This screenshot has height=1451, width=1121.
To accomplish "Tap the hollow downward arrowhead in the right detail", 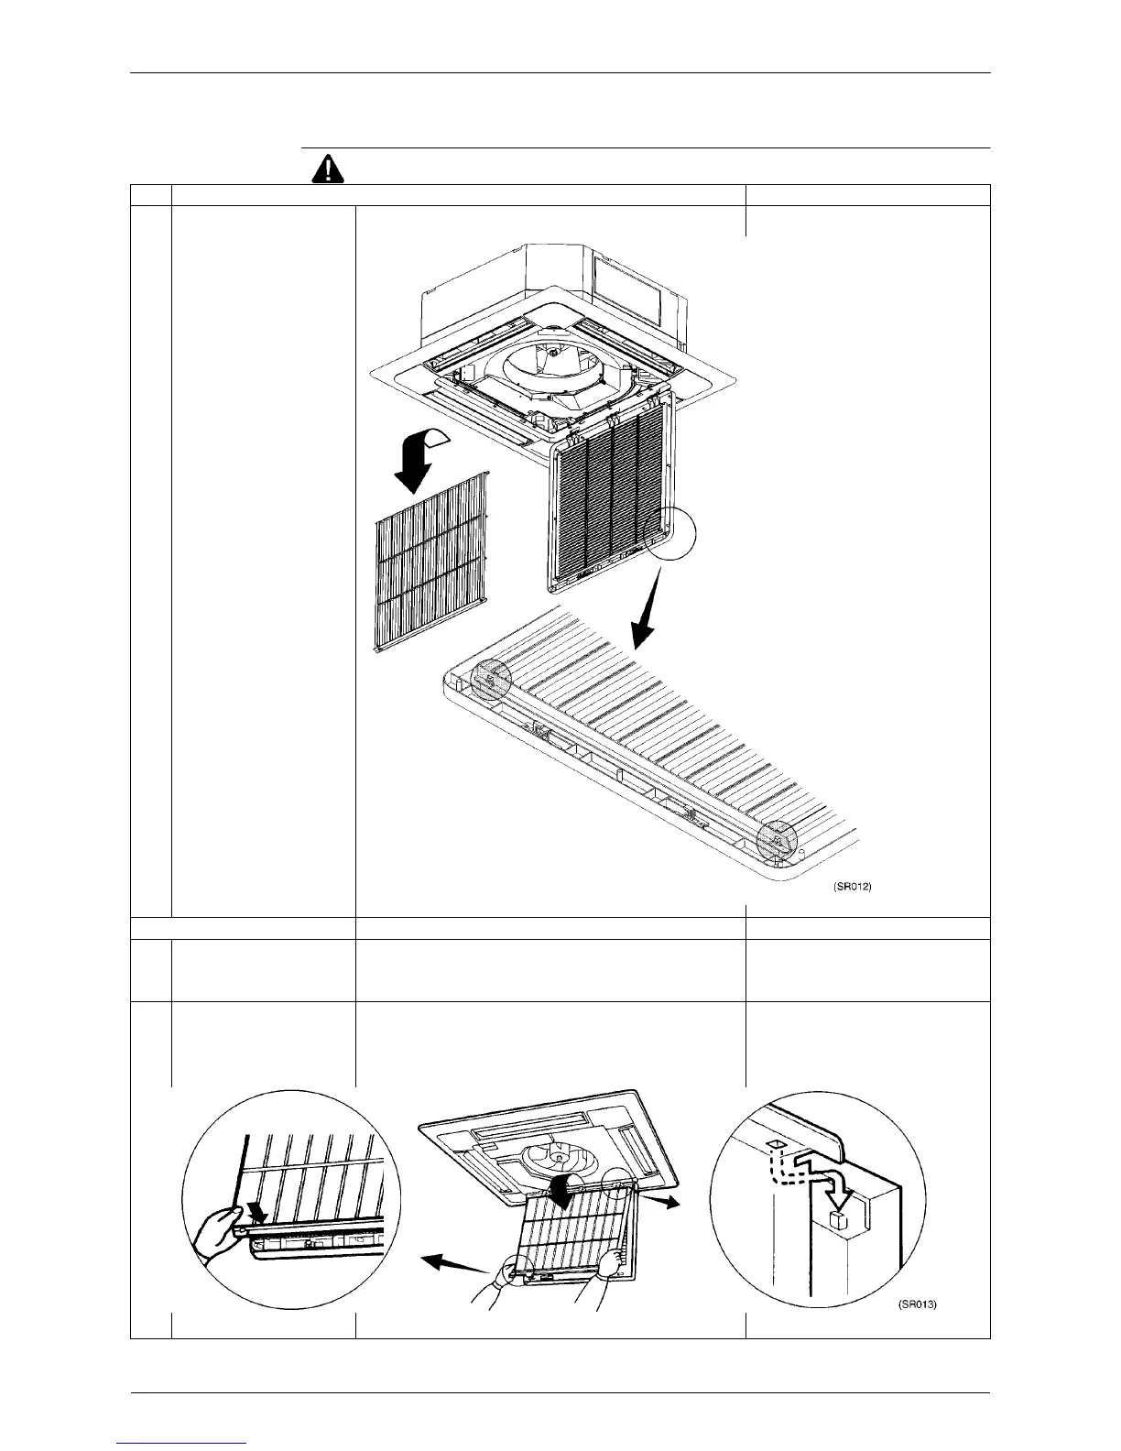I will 837,1196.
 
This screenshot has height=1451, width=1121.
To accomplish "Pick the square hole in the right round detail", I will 774,1145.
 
